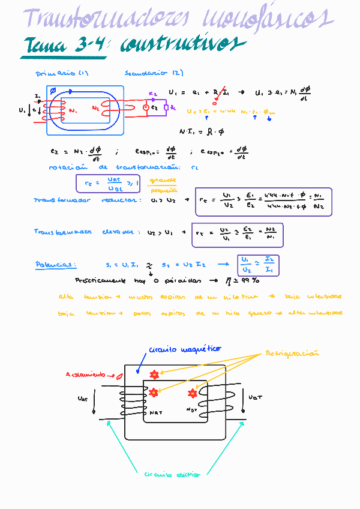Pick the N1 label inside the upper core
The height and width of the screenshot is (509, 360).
tap(73, 111)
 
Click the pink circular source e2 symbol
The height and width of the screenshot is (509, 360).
tap(145, 107)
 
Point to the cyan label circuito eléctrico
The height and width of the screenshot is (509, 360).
tap(172, 474)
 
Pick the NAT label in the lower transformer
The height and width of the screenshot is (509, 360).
tap(155, 412)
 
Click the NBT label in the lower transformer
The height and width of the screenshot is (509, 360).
tap(192, 411)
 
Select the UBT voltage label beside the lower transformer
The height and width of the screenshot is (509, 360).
tap(255, 397)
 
